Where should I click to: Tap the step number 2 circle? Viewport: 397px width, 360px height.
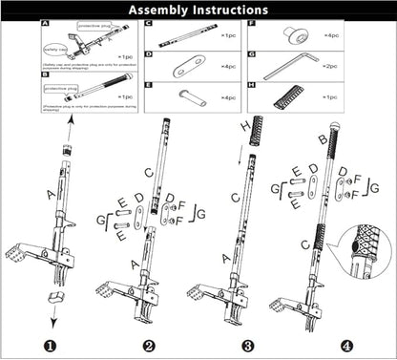tap(149, 346)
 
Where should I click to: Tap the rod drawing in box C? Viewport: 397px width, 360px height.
tap(181, 35)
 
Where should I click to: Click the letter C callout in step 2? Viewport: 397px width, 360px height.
tap(147, 172)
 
